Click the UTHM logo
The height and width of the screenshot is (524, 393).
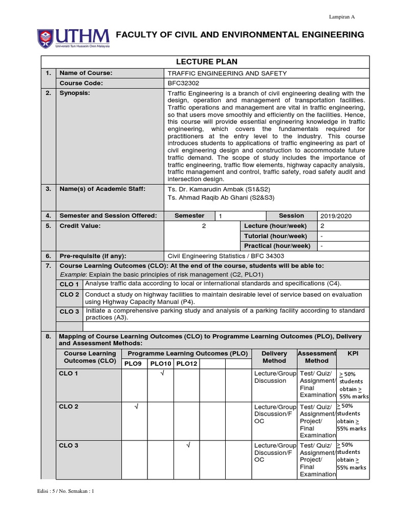click(x=73, y=37)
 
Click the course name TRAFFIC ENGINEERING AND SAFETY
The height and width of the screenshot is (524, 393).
click(x=227, y=73)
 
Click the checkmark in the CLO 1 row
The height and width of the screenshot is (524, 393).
click(x=161, y=375)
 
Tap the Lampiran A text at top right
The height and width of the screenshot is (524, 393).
click(x=341, y=17)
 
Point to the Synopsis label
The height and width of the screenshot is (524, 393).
click(x=75, y=93)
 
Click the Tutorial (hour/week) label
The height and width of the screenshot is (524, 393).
click(x=275, y=236)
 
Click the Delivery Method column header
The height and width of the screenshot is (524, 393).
click(x=274, y=357)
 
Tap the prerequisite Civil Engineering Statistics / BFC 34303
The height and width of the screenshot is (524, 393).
click(x=225, y=256)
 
